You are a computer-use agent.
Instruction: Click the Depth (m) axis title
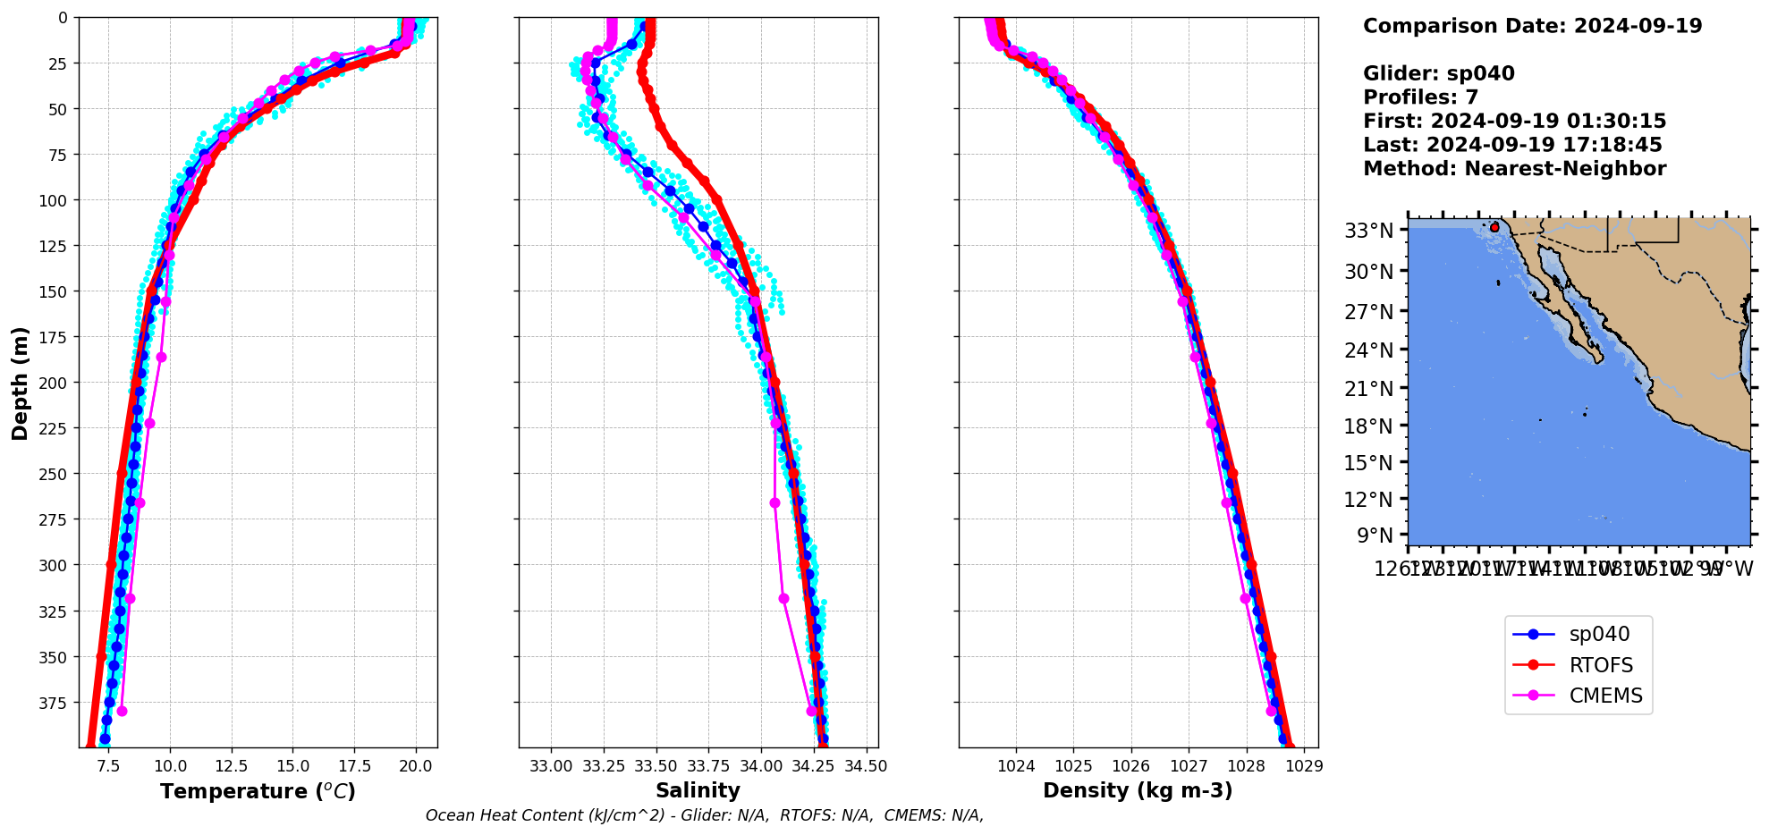pos(20,383)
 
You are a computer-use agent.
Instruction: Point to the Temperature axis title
pos(258,791)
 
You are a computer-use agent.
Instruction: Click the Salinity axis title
pos(698,790)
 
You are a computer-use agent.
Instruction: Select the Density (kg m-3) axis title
pos(1138,790)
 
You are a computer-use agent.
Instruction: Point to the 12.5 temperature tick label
pos(232,766)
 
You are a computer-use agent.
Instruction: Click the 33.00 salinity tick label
pos(551,766)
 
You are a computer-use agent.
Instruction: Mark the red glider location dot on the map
pos(1494,228)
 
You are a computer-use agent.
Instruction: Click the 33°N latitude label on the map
pos(1369,231)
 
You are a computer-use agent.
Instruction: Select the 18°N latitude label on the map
pos(1369,426)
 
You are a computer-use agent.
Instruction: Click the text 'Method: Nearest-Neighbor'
pos(1514,169)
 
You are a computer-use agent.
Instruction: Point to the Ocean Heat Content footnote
pos(705,815)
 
